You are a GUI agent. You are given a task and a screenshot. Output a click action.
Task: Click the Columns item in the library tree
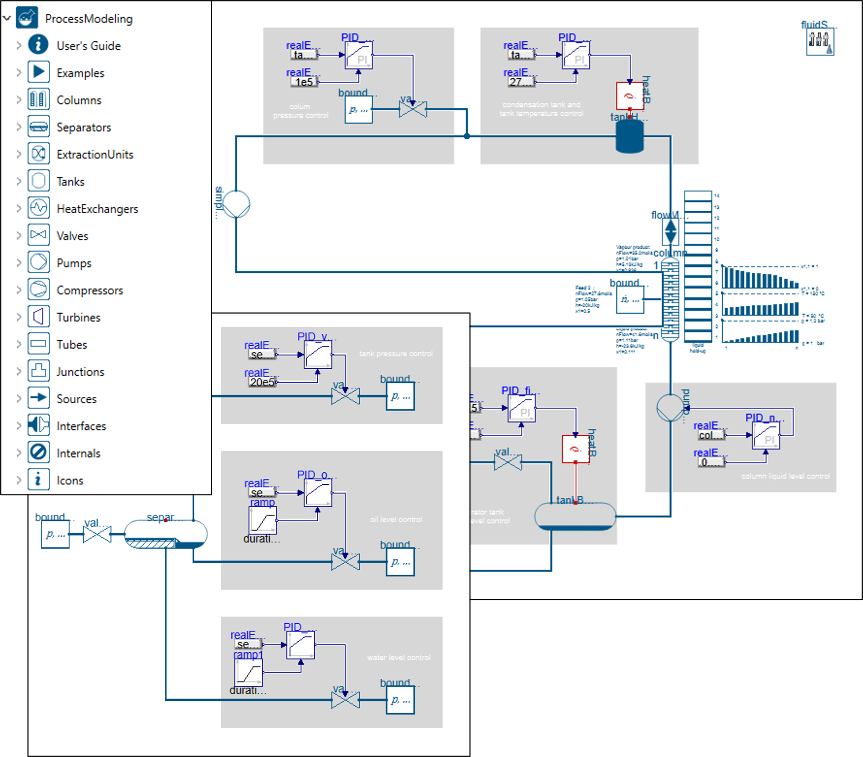[79, 100]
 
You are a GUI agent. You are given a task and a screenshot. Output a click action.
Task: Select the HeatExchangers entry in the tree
[97, 208]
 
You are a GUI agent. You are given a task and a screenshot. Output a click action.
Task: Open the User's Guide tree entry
[88, 46]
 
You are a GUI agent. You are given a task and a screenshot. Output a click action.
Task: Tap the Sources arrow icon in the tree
[38, 398]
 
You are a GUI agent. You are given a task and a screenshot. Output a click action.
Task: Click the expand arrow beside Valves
[19, 236]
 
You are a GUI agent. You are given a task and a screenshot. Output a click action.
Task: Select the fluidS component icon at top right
[820, 41]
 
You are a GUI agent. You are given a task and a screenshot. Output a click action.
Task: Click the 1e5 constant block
[304, 82]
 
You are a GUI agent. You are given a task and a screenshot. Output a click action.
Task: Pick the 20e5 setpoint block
[262, 382]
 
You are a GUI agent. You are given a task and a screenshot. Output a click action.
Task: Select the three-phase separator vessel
[165, 534]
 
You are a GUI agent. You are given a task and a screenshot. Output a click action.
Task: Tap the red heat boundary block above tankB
[575, 449]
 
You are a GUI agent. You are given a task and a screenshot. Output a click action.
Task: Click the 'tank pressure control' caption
[396, 354]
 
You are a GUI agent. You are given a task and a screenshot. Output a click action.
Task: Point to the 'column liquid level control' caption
[785, 476]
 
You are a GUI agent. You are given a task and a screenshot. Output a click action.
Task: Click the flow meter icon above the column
[670, 231]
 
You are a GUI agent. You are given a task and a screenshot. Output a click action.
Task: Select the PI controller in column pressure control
[358, 55]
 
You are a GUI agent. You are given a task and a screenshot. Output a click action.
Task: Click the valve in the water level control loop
[345, 700]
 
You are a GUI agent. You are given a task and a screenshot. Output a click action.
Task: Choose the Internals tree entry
[79, 453]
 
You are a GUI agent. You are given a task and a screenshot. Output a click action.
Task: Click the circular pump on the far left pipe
[236, 204]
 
